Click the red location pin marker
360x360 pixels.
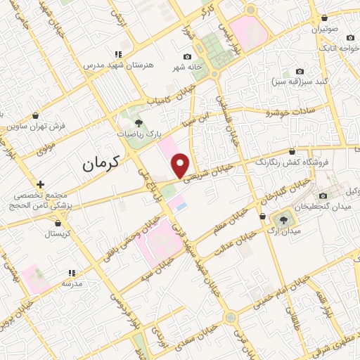pyautogui.click(x=181, y=165)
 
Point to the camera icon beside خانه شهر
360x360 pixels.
pyautogui.click(x=187, y=57)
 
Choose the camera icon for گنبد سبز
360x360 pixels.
pyautogui.click(x=300, y=71)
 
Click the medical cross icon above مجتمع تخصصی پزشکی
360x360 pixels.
pyautogui.click(x=41, y=184)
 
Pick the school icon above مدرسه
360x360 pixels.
pyautogui.click(x=71, y=273)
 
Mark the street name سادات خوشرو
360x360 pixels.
pyautogui.click(x=288, y=110)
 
